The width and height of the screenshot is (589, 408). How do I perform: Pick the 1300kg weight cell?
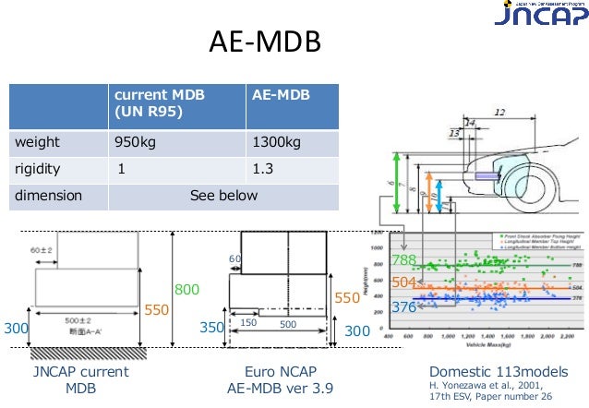click(276, 143)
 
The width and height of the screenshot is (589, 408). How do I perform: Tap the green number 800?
click(187, 290)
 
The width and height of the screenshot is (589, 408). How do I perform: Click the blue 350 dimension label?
click(212, 329)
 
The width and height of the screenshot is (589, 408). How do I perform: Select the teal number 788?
click(404, 259)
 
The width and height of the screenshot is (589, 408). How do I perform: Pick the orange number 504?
click(404, 282)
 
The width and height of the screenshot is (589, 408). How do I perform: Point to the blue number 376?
click(404, 306)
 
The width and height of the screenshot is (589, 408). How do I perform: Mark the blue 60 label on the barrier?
click(235, 259)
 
